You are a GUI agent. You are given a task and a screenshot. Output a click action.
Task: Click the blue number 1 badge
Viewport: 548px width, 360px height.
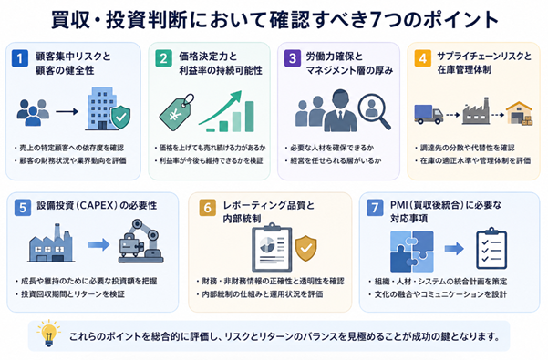coord(19,58)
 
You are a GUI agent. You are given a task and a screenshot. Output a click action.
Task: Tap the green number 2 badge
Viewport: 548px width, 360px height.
coord(163,58)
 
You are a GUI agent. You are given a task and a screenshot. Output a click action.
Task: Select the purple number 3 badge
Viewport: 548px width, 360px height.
coord(293,58)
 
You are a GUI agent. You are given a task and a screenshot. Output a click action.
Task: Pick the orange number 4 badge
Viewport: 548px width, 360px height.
coord(422,58)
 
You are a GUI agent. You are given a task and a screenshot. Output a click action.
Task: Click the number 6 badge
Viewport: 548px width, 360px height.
coord(207,208)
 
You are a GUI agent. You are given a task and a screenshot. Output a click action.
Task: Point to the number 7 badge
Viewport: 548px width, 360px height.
coord(375,208)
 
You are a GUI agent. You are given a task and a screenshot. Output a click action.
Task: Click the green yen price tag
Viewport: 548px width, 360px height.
coord(177,112)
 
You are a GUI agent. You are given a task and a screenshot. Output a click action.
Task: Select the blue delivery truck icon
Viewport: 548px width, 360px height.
coord(429,114)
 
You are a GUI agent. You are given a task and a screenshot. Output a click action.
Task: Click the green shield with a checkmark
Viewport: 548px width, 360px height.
coord(121,117)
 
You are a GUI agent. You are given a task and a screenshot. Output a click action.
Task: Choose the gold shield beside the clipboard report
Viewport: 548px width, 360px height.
coord(306,248)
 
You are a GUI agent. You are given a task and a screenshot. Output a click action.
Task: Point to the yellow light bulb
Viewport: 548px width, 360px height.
coord(48,333)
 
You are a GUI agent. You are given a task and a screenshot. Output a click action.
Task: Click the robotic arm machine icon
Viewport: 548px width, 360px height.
coord(140,241)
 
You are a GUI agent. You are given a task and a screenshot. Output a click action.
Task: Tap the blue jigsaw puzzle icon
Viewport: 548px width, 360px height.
coord(412,252)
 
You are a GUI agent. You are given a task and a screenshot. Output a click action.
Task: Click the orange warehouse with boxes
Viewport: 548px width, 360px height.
coord(520,113)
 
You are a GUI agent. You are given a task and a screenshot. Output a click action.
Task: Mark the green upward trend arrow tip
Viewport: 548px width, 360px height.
coord(240,92)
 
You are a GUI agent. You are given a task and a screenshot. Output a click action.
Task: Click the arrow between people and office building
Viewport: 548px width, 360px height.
coord(67,112)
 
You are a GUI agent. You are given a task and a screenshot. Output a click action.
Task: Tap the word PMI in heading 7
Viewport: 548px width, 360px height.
coord(398,205)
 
